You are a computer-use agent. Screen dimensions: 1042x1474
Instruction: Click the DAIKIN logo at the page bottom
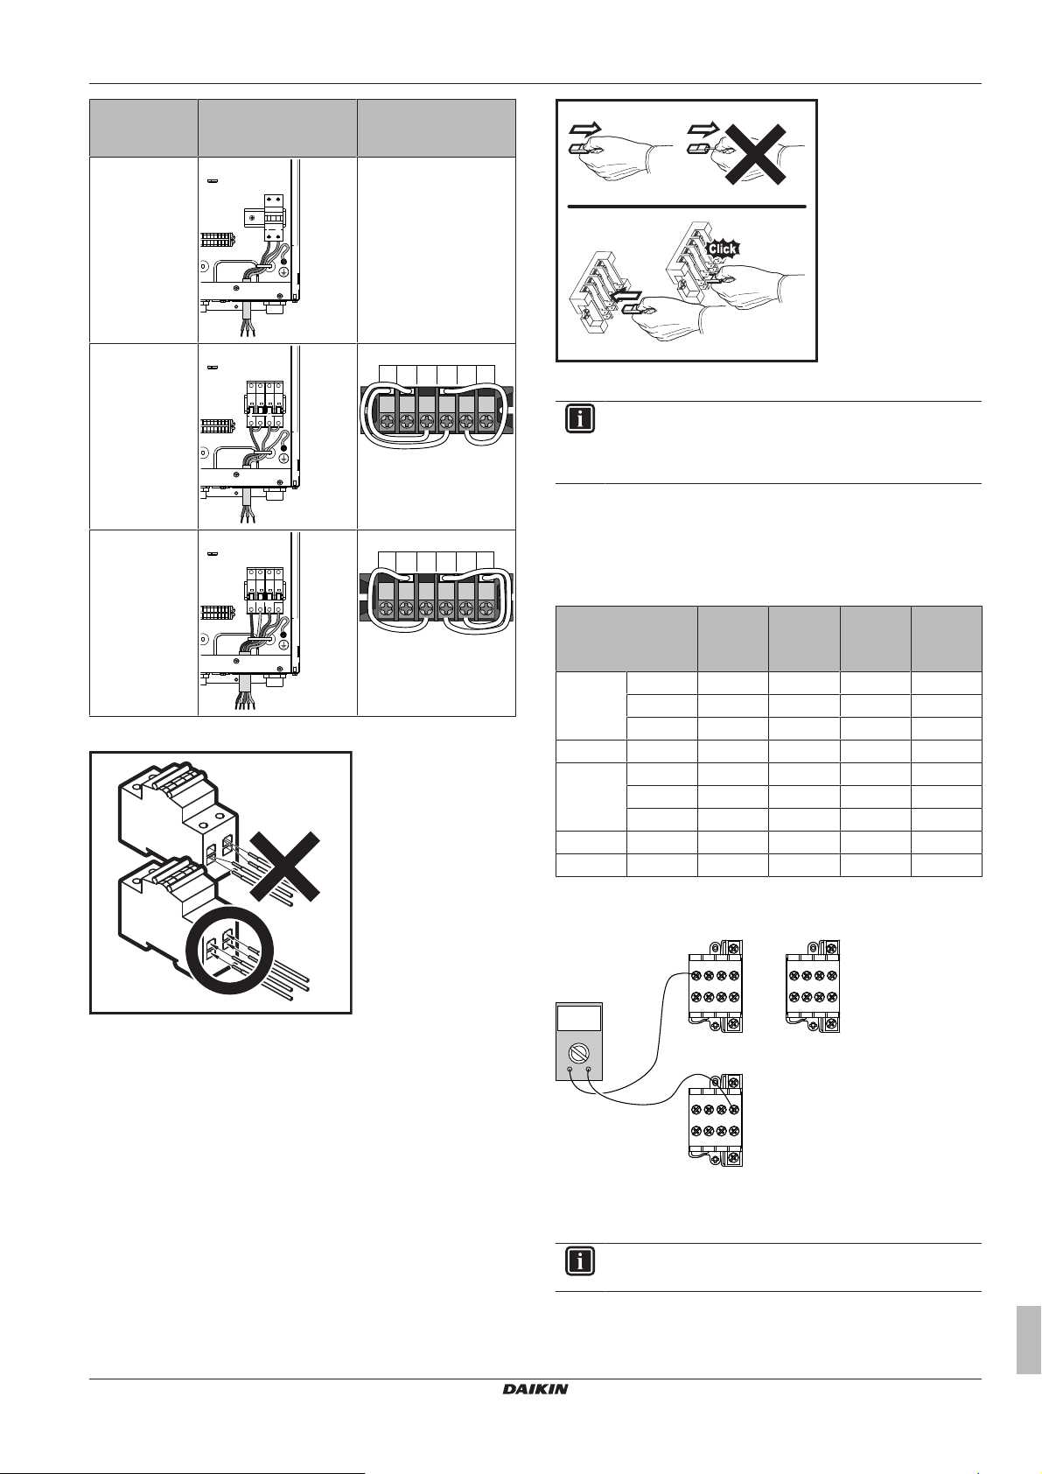click(x=535, y=1389)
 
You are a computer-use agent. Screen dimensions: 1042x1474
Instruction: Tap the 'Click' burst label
click(x=724, y=248)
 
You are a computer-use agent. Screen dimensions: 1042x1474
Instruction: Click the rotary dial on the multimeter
click(x=579, y=1050)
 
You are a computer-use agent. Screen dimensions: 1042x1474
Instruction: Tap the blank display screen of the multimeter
click(x=579, y=1018)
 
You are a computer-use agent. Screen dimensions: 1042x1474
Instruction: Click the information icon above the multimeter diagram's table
click(x=579, y=418)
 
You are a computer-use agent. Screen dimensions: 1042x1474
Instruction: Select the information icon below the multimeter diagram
click(x=579, y=1260)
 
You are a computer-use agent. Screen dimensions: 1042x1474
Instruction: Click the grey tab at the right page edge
click(x=1029, y=1327)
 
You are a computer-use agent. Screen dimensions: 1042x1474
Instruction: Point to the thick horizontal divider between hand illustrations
click(x=686, y=207)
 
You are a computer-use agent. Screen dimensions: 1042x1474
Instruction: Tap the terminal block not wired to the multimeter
click(x=814, y=985)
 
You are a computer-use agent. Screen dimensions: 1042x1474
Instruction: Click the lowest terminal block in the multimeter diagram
click(x=717, y=1120)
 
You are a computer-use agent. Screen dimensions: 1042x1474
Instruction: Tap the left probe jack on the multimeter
click(x=570, y=1070)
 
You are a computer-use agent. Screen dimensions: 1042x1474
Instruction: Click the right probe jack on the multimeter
click(x=588, y=1070)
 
